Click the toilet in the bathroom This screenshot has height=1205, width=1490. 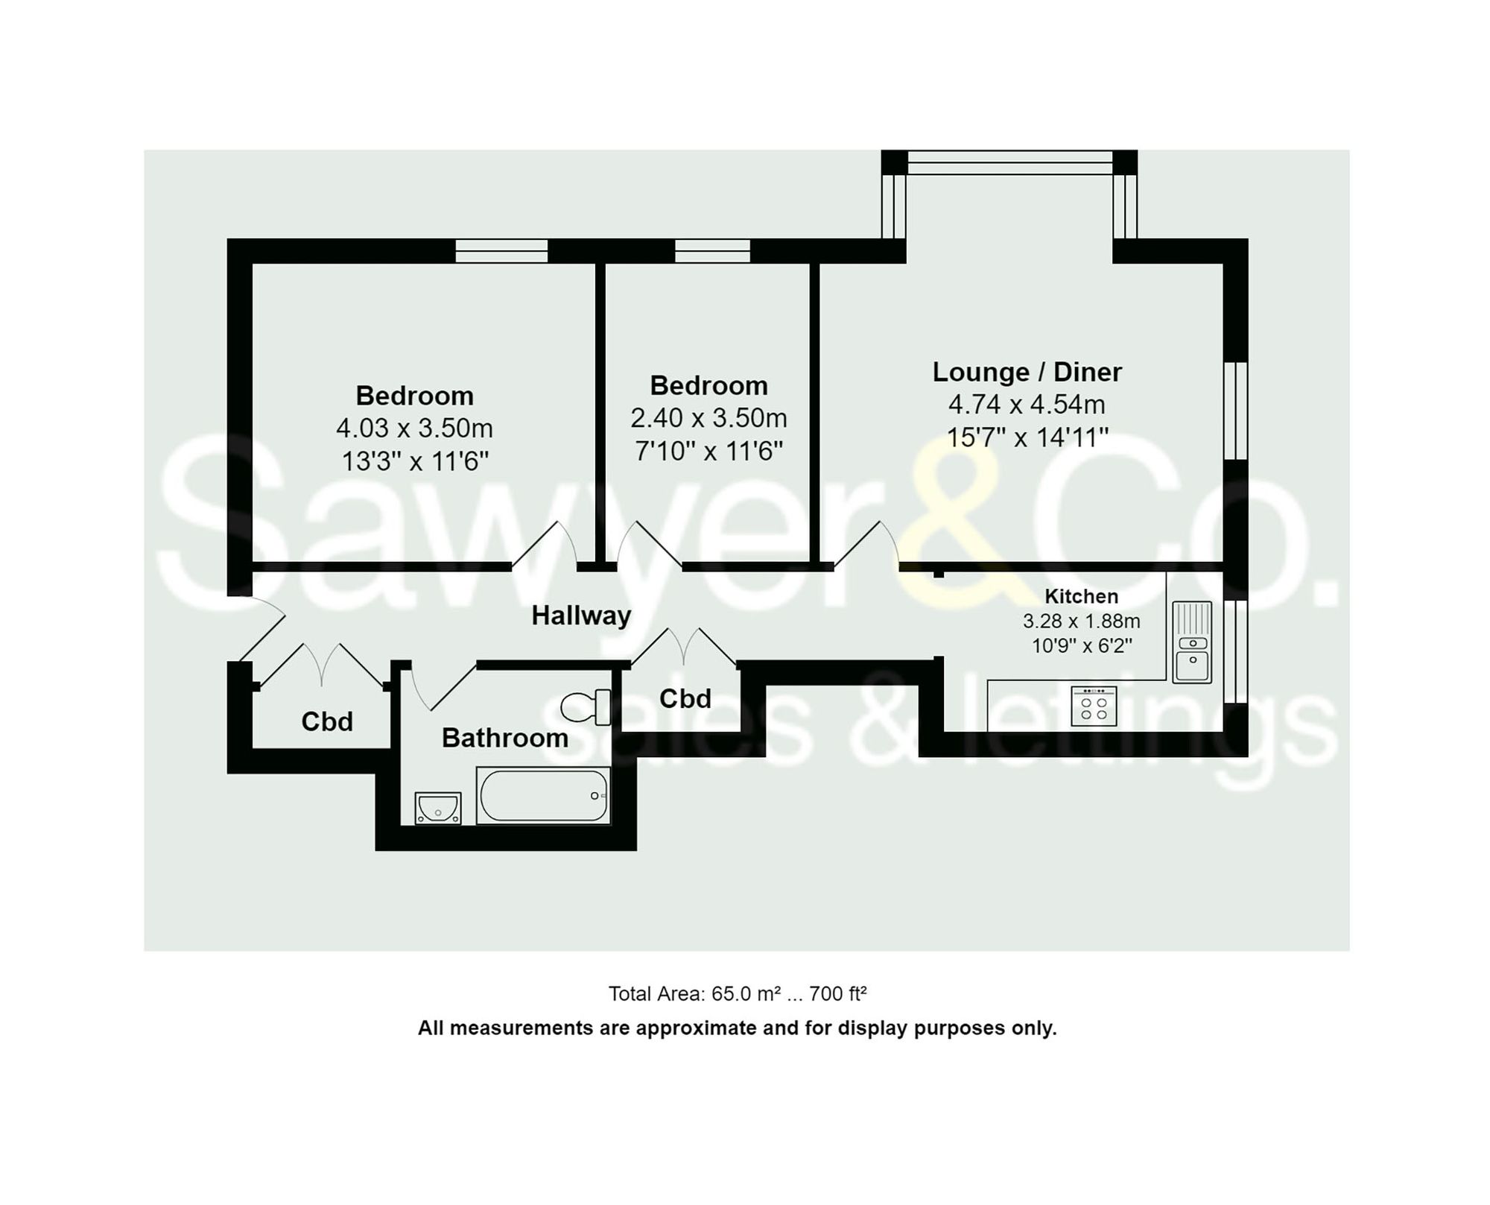click(586, 706)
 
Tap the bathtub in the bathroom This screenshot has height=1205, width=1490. click(543, 795)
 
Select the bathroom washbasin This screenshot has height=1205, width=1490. click(437, 808)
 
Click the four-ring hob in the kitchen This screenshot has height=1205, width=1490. click(1094, 706)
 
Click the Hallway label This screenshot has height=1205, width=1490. click(581, 616)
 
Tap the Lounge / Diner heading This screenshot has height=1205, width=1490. click(1027, 372)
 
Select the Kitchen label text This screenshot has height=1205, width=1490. click(1081, 596)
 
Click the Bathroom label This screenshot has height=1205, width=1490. click(504, 738)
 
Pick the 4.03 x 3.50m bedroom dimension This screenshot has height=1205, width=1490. click(414, 428)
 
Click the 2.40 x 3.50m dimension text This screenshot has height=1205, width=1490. click(708, 418)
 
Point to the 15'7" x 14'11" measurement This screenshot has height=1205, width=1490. click(1027, 437)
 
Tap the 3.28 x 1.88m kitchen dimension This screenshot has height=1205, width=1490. click(1081, 621)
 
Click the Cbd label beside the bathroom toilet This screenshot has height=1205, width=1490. click(685, 698)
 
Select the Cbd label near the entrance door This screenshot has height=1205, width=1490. click(326, 721)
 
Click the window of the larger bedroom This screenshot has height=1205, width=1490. click(501, 251)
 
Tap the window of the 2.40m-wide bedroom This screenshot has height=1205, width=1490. click(712, 251)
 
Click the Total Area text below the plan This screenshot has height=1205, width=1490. click(737, 993)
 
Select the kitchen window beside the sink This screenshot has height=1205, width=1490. click(1235, 651)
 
